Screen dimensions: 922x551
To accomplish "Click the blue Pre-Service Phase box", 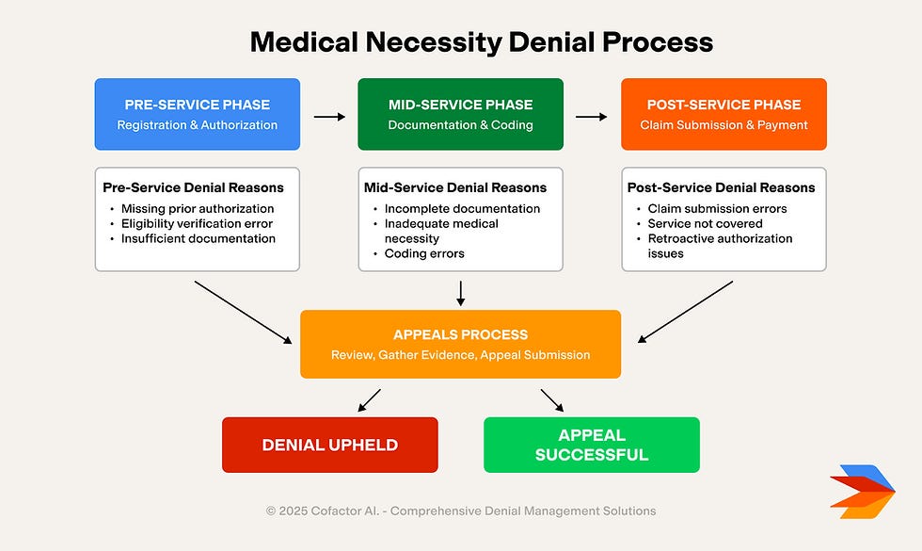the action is (198, 114).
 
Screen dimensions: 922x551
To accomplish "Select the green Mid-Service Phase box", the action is (460, 114).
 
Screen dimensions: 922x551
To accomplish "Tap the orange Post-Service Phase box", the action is (723, 114).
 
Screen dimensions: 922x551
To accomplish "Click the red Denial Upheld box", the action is (330, 445).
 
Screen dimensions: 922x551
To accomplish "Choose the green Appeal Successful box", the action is (592, 445).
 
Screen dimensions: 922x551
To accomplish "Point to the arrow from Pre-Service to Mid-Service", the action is (329, 117).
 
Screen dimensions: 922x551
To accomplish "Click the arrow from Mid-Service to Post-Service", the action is (591, 117).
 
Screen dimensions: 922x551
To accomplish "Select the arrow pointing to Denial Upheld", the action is (369, 400).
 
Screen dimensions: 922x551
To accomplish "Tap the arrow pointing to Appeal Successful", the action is (552, 400).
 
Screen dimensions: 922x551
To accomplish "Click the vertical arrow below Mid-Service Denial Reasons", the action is (460, 293).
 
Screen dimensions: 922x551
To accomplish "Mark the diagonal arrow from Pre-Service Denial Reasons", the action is (243, 312).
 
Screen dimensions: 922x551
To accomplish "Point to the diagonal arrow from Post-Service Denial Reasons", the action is (685, 312).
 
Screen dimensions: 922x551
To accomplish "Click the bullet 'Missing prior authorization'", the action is (198, 208).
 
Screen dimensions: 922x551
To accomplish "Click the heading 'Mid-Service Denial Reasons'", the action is (455, 187).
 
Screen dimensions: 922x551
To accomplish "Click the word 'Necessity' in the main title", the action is (434, 42).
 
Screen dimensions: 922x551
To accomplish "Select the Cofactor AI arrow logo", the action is (863, 492).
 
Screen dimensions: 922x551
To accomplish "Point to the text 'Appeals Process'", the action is (460, 335).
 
